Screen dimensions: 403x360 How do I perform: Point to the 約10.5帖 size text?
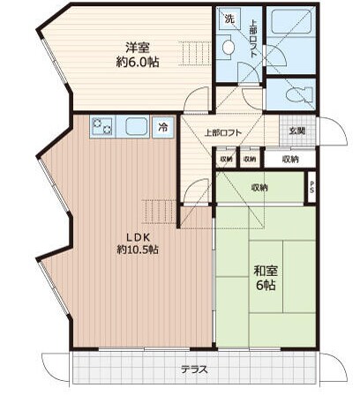coord(136,250)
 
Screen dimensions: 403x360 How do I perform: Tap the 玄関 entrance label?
coord(297,131)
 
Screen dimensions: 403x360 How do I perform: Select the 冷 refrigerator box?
coord(163,127)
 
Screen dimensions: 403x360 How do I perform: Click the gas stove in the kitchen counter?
coord(101,127)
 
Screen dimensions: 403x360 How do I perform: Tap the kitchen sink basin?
coord(136,127)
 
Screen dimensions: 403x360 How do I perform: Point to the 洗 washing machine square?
coord(228,19)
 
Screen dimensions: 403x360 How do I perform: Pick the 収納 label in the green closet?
coord(259,187)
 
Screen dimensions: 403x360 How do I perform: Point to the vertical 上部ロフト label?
coord(252,39)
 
